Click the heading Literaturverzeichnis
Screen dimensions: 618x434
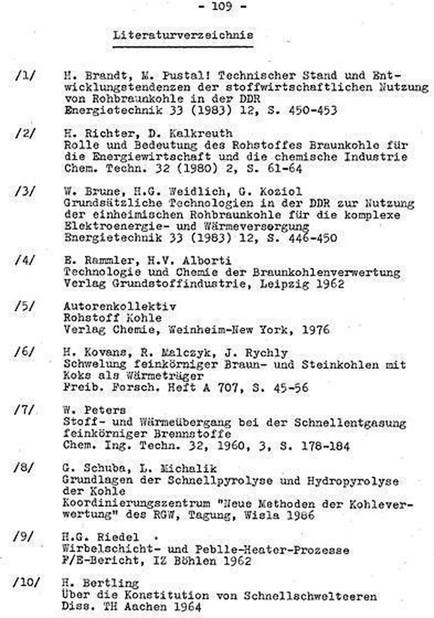183,35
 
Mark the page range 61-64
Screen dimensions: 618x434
281,168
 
